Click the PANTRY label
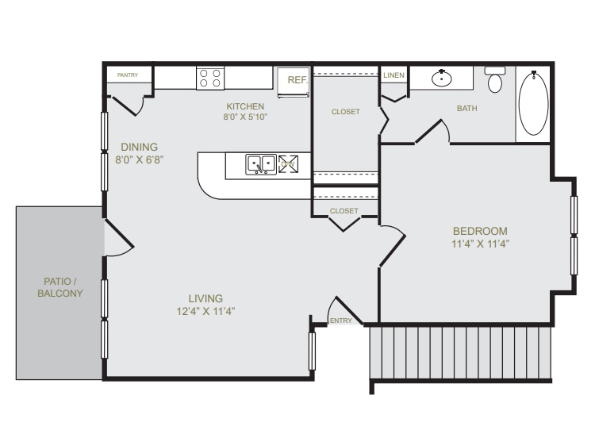click(x=128, y=75)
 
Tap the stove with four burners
click(x=210, y=78)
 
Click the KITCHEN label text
click(x=245, y=106)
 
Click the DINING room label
click(x=140, y=147)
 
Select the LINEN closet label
click(x=393, y=75)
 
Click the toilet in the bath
click(x=495, y=80)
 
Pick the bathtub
click(x=533, y=103)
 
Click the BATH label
click(x=466, y=109)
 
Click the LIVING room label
click(x=205, y=298)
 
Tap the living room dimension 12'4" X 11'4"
click(x=205, y=312)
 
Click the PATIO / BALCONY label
click(x=60, y=287)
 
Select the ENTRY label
click(x=340, y=321)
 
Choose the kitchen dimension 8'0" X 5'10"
click(x=245, y=117)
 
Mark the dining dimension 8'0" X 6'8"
click(x=140, y=159)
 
